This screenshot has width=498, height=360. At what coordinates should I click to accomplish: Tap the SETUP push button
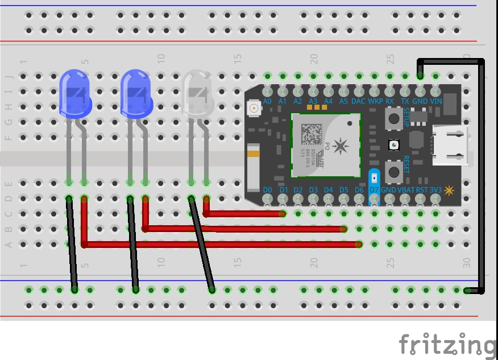pyautogui.click(x=393, y=118)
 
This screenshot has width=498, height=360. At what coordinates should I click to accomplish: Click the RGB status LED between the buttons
pyautogui.click(x=393, y=145)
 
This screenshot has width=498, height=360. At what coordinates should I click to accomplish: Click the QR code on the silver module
pyautogui.click(x=311, y=133)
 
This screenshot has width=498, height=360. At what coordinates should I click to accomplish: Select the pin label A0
pyautogui.click(x=267, y=101)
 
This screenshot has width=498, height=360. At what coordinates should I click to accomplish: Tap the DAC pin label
pyautogui.click(x=358, y=101)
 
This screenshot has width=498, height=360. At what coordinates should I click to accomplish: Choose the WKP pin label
pyautogui.click(x=375, y=101)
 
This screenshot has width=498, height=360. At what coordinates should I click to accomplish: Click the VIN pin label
pyautogui.click(x=436, y=101)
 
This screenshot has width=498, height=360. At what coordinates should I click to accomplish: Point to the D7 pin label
pyautogui.click(x=374, y=189)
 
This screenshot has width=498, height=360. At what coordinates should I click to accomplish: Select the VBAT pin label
pyautogui.click(x=405, y=189)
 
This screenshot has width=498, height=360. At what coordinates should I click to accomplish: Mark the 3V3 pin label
pyautogui.click(x=435, y=189)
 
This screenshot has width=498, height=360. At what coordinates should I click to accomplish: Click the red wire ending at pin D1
pyautogui.click(x=244, y=214)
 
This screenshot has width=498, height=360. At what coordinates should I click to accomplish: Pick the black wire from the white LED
pyautogui.click(x=202, y=245)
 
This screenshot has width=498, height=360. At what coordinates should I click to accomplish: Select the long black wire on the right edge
pyautogui.click(x=482, y=176)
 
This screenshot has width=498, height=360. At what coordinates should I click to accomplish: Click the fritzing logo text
pyautogui.click(x=446, y=345)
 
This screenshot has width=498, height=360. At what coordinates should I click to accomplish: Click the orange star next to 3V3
pyautogui.click(x=449, y=190)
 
